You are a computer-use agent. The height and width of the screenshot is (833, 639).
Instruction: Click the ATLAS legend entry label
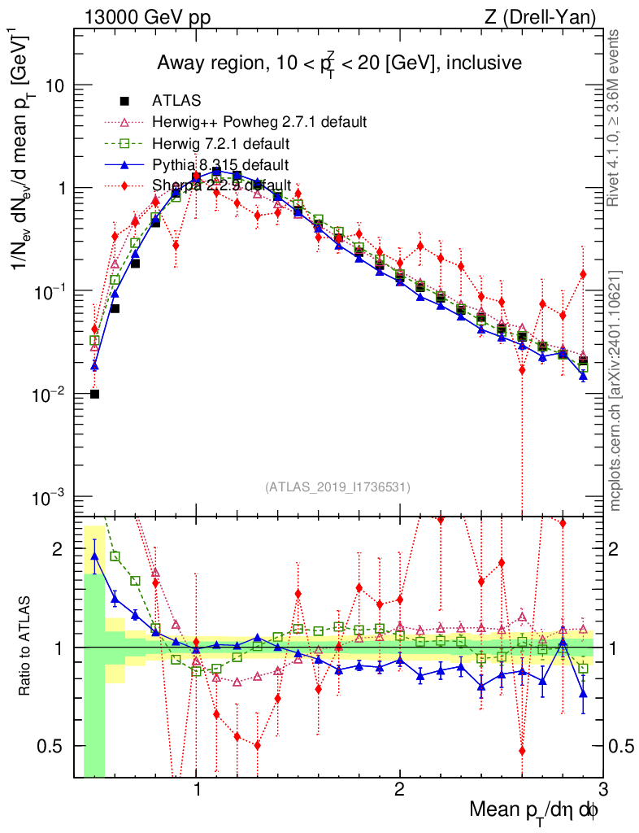(176, 101)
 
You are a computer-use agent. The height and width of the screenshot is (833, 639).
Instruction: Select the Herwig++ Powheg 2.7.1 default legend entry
(259, 122)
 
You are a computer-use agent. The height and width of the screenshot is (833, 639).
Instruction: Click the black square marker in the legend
(124, 101)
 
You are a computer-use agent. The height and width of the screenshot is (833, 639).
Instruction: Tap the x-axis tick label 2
(399, 789)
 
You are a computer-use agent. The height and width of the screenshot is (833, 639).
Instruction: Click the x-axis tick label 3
(602, 789)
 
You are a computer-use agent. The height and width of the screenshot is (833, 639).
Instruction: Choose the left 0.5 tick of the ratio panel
(55, 745)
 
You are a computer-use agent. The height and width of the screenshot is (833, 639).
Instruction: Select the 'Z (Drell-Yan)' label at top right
(549, 17)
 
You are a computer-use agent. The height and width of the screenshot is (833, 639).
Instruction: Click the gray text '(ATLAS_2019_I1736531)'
(337, 487)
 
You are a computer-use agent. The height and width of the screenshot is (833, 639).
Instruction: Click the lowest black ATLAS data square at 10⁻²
(94, 395)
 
